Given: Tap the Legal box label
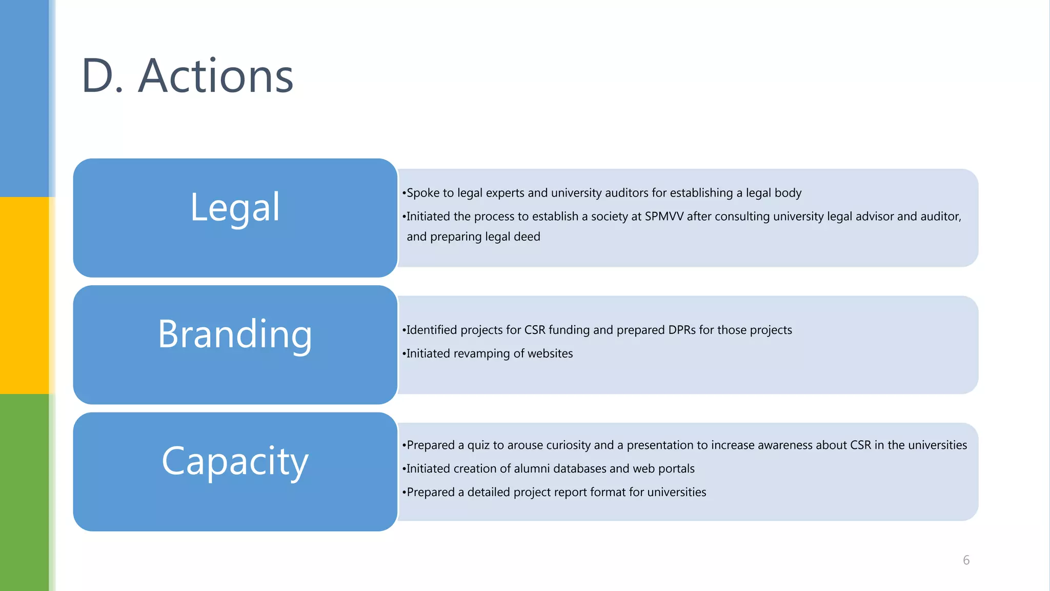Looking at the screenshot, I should pos(235,207).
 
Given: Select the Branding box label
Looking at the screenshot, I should pos(235,334).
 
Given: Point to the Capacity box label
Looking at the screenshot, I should pos(235,461).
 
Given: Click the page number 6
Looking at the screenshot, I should pos(966,560).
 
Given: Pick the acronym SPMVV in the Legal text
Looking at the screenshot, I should pos(664,216).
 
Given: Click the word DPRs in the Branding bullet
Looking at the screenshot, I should pos(681,330).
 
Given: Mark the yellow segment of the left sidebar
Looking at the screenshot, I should pos(24,295).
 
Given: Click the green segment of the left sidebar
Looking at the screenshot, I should pos(24,493).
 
